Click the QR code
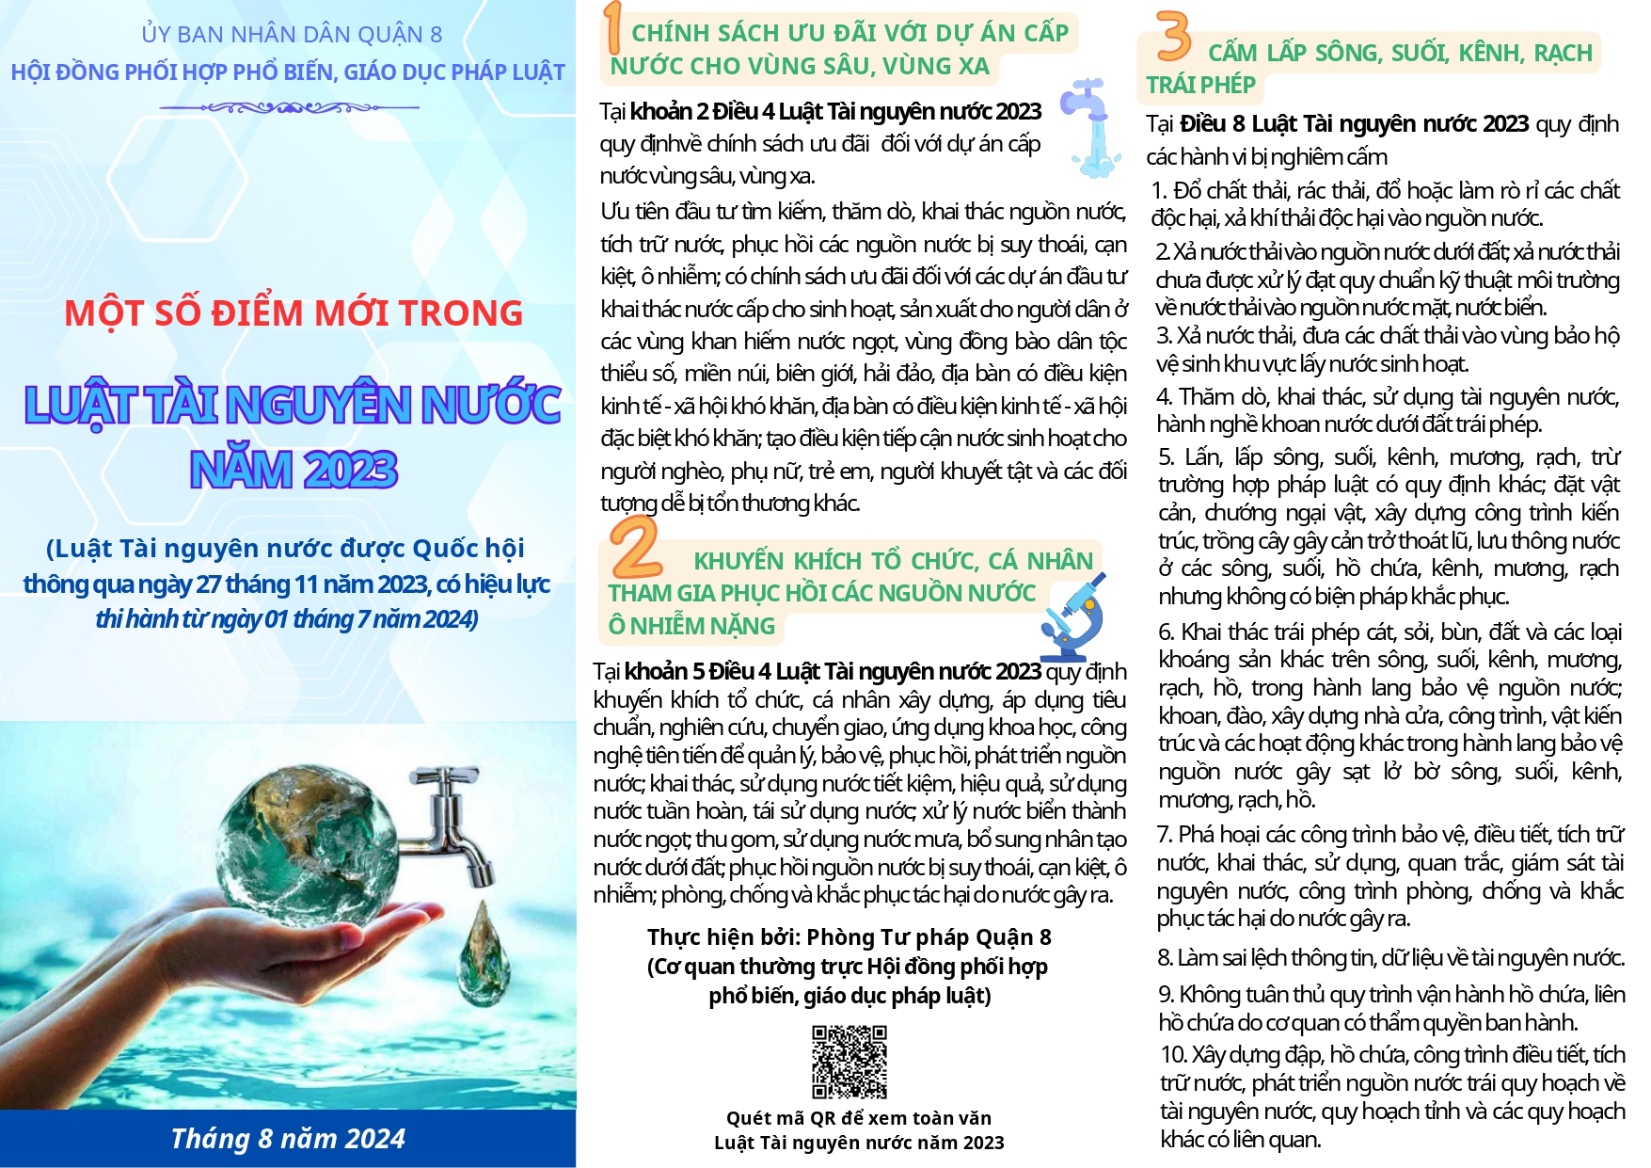coord(849,1062)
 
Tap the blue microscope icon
coord(1073,617)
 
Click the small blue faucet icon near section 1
coord(1089,127)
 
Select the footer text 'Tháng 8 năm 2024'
coord(288,1139)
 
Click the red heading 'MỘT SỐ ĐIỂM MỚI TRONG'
coord(294,313)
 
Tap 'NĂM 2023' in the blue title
coord(294,470)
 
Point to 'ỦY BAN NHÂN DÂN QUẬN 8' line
coord(292,35)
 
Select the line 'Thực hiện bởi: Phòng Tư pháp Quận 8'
coord(849,937)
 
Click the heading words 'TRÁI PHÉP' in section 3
coord(1200,85)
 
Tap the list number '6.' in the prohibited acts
coord(1167,632)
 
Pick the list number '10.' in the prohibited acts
coord(1174,1055)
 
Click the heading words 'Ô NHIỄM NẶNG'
coord(691,626)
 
